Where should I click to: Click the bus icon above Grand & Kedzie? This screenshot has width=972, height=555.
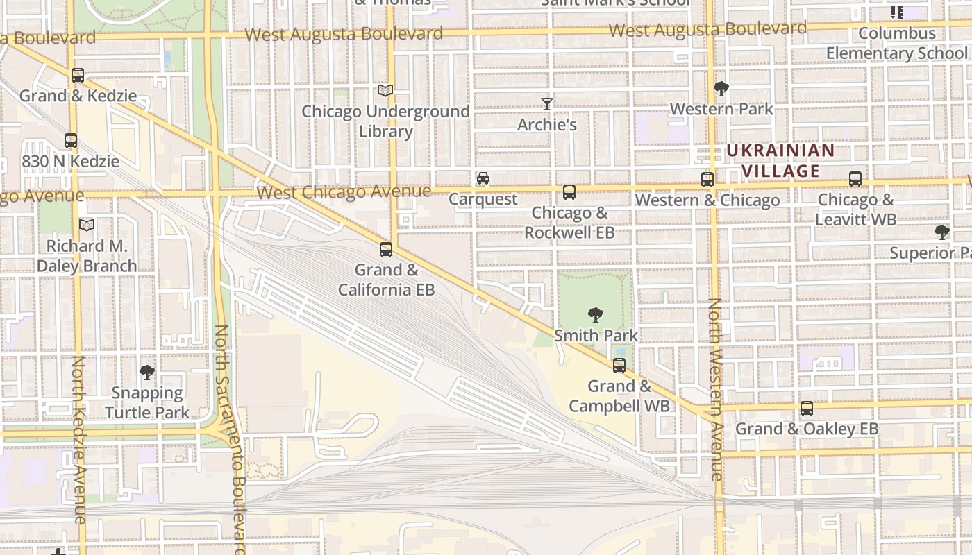point(78,76)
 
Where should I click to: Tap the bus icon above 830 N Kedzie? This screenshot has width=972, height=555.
point(70,141)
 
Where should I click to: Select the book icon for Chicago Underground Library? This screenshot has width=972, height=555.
point(385,91)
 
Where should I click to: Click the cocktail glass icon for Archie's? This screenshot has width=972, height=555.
point(547,104)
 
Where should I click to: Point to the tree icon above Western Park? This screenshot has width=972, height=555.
point(721,89)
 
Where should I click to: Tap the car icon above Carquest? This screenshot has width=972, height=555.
point(483,179)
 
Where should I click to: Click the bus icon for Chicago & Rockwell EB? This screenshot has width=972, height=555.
point(569,192)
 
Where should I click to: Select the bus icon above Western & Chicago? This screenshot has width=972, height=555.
point(707,180)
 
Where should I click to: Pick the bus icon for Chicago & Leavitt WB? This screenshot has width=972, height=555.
point(855,179)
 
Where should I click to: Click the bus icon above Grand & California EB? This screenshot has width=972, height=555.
point(386,250)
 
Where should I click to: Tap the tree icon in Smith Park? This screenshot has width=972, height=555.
point(595,315)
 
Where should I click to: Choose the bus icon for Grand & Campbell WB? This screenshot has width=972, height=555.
point(619,366)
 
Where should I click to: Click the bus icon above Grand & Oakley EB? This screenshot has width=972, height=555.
point(806,409)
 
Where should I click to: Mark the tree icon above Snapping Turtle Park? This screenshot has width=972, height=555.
point(146,373)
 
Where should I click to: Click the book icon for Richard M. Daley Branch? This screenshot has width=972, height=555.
point(86,225)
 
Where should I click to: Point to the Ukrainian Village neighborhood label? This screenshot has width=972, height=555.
point(780,161)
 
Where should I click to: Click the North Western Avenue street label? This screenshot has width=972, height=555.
point(714,388)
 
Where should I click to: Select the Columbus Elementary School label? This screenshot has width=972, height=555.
point(896,43)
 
